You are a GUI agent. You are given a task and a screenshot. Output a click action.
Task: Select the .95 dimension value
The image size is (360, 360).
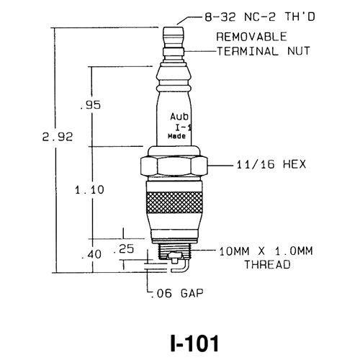point(91,106)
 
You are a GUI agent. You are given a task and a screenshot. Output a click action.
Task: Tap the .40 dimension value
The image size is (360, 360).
point(91,253)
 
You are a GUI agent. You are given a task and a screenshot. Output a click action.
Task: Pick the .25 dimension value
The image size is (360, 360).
point(127,248)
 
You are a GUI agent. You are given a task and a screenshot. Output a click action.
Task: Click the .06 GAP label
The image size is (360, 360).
point(173,294)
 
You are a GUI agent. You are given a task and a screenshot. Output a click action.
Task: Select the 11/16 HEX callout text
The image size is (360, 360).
point(261,165)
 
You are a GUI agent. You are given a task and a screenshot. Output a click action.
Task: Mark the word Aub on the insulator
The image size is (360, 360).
point(179,115)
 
